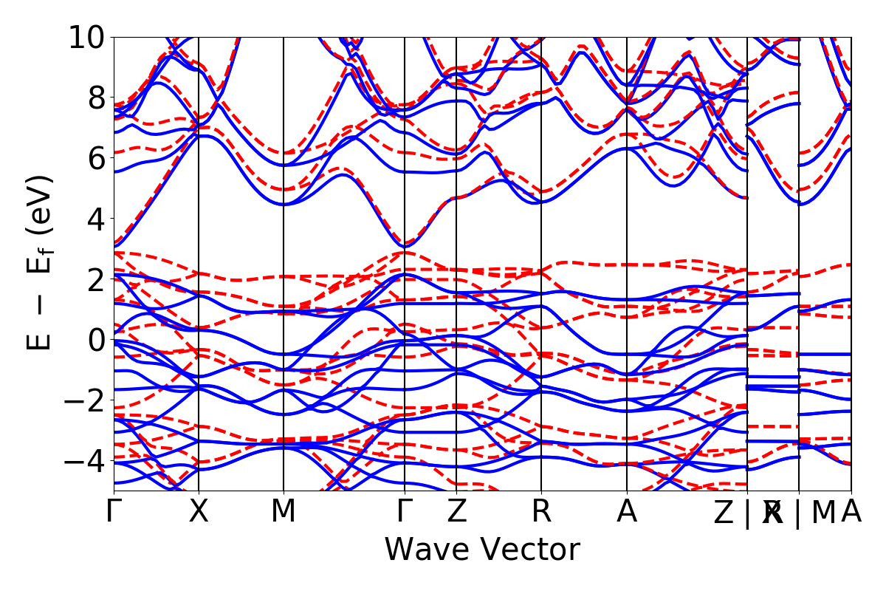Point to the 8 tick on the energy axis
click(x=95, y=98)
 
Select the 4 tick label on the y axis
click(x=95, y=219)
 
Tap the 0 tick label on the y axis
click(x=95, y=340)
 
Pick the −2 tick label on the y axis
click(x=85, y=400)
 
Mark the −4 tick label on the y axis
click(x=85, y=461)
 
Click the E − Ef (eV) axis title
click(x=42, y=262)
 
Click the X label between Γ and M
click(x=199, y=512)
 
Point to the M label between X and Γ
click(x=284, y=512)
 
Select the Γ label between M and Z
click(x=405, y=512)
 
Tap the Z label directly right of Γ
click(x=456, y=512)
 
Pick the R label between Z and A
click(x=541, y=512)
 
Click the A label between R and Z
click(x=627, y=512)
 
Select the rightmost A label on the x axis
click(x=851, y=512)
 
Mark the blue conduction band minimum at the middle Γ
click(x=405, y=246)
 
